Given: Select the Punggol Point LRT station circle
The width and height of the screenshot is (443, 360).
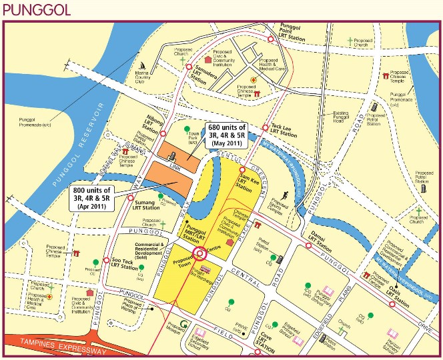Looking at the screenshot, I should tap(270, 39).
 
